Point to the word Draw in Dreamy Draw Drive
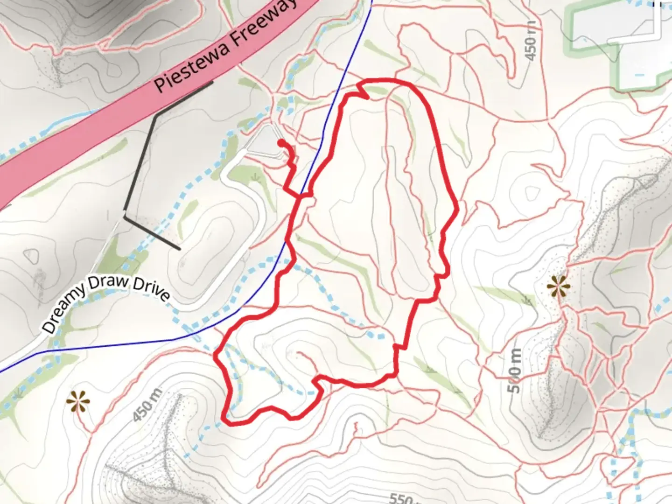pyautogui.click(x=111, y=283)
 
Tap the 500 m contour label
pyautogui.click(x=514, y=371)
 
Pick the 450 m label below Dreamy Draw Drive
pyautogui.click(x=146, y=405)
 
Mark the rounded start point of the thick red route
pyautogui.click(x=281, y=141)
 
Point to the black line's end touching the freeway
pyautogui.click(x=212, y=83)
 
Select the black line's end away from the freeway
pyautogui.click(x=179, y=248)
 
